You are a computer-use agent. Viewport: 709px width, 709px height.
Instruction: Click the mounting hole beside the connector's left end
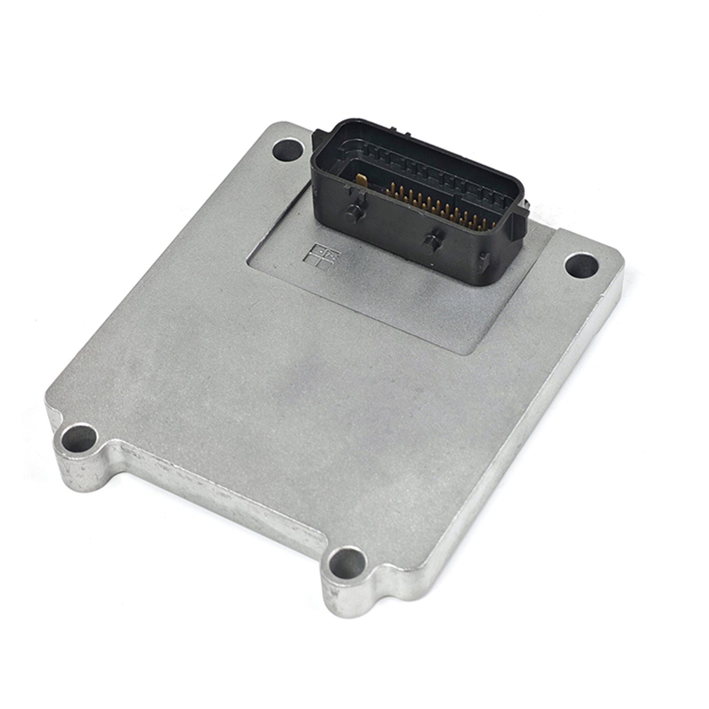point(288,151)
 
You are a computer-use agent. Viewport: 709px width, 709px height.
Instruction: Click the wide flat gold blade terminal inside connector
point(361,181)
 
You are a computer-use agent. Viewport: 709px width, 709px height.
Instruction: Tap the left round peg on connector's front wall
point(353,214)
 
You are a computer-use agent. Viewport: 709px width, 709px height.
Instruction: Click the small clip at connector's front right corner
point(485,261)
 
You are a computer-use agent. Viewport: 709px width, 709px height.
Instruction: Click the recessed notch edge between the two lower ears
point(222,496)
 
